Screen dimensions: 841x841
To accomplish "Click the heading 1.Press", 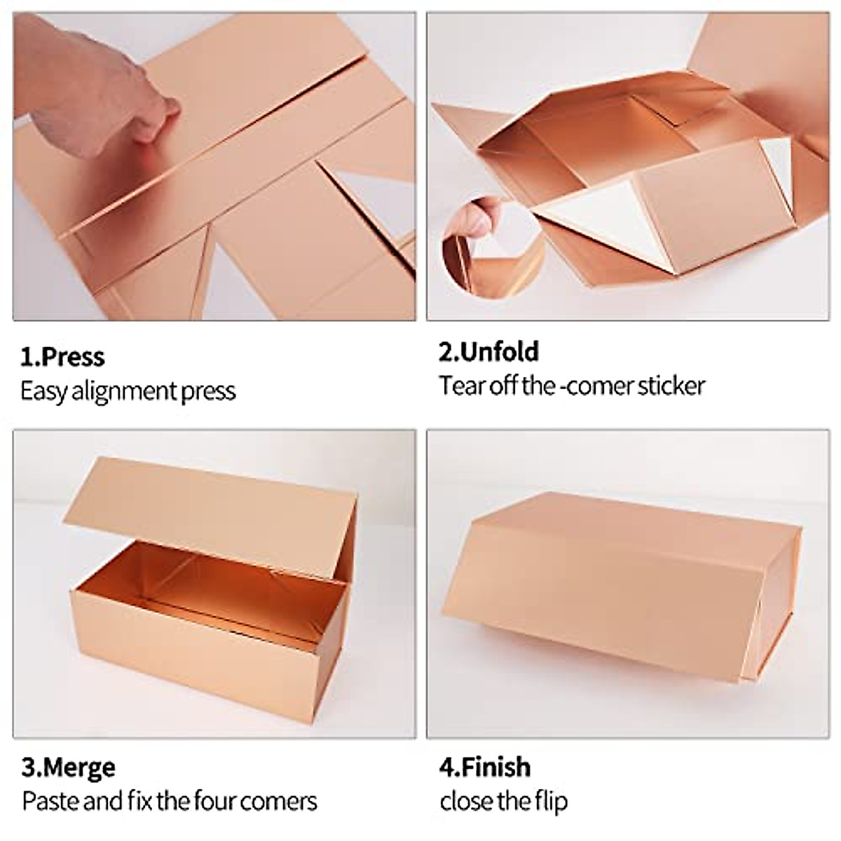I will (x=62, y=357).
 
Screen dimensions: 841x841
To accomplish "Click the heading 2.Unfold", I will (x=488, y=351).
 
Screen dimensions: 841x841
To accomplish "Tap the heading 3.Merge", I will (x=68, y=767).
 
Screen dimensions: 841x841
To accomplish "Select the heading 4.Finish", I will (x=484, y=767).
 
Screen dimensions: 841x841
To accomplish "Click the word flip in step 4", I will (x=550, y=800).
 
